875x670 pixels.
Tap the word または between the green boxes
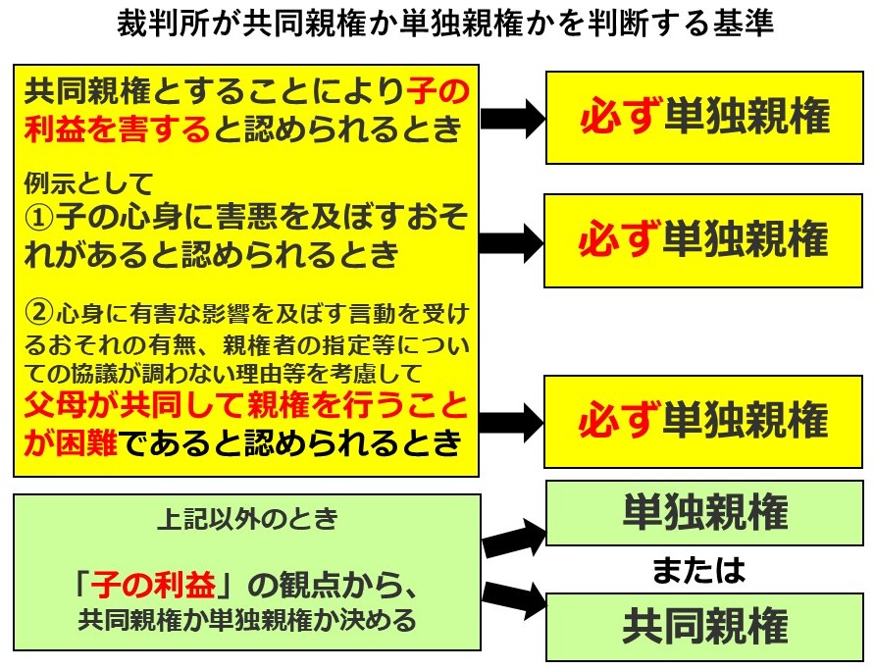(x=698, y=570)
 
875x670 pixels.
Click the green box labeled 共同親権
(x=704, y=627)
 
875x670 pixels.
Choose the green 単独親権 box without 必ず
(x=704, y=513)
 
